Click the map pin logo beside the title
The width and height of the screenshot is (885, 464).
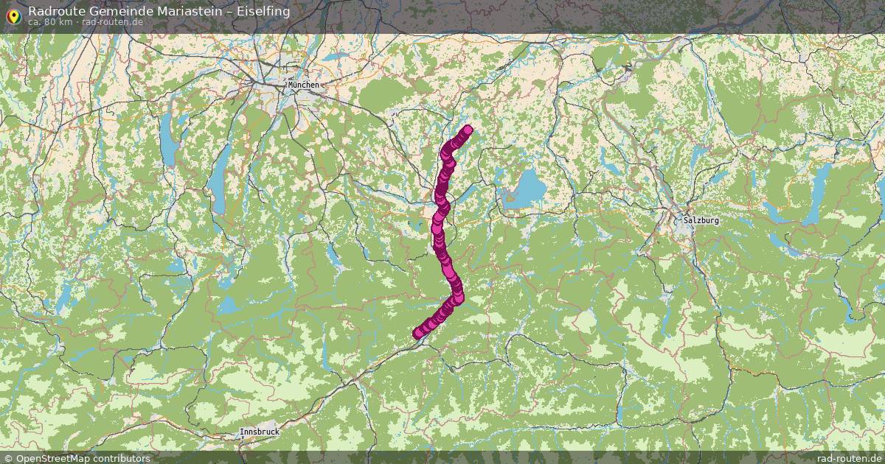coord(13,15)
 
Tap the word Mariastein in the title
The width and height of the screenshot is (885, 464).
coord(189,11)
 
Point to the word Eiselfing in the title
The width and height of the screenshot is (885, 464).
coord(263,11)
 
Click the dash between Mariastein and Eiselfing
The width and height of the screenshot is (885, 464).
coord(228,11)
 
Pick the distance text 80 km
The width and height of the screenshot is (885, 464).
coord(59,21)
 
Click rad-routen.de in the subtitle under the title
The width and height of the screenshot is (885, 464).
coord(112,21)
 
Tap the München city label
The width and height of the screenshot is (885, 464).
coord(303,85)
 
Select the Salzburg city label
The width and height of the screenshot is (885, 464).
coord(701,220)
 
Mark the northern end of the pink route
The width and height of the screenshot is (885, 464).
coord(467,131)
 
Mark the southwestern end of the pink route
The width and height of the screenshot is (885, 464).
coord(418,334)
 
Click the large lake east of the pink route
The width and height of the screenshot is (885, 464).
coord(526,189)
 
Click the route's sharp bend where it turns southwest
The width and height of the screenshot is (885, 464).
coord(458,296)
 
